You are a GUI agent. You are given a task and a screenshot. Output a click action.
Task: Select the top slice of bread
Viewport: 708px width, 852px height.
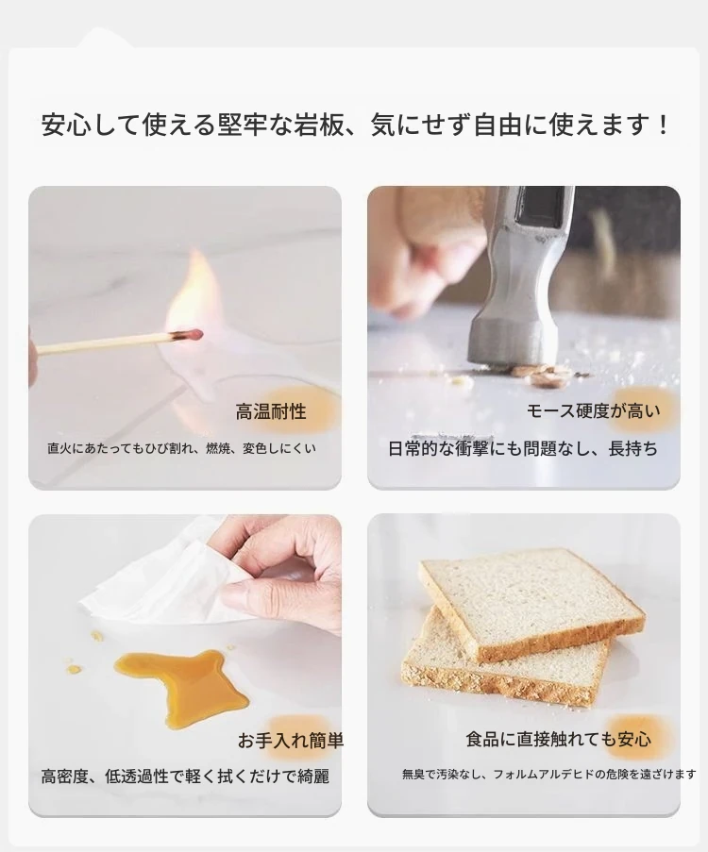click(531, 602)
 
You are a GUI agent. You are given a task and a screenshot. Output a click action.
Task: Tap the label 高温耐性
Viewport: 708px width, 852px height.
click(271, 412)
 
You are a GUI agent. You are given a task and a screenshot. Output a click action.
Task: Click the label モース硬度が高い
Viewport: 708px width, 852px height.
click(593, 411)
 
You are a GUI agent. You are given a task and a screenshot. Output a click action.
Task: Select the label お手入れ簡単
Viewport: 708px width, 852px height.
click(291, 740)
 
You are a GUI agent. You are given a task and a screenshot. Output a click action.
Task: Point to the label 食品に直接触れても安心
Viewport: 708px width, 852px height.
click(559, 739)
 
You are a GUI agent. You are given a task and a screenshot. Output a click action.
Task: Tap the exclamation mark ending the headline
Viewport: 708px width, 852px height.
click(663, 125)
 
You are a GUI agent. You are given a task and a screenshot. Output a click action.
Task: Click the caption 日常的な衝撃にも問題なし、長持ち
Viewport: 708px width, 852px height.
click(523, 449)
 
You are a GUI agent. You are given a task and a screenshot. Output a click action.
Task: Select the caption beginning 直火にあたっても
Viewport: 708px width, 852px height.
click(181, 448)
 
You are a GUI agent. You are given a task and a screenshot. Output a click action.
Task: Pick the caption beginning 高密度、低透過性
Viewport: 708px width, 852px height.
click(185, 777)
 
